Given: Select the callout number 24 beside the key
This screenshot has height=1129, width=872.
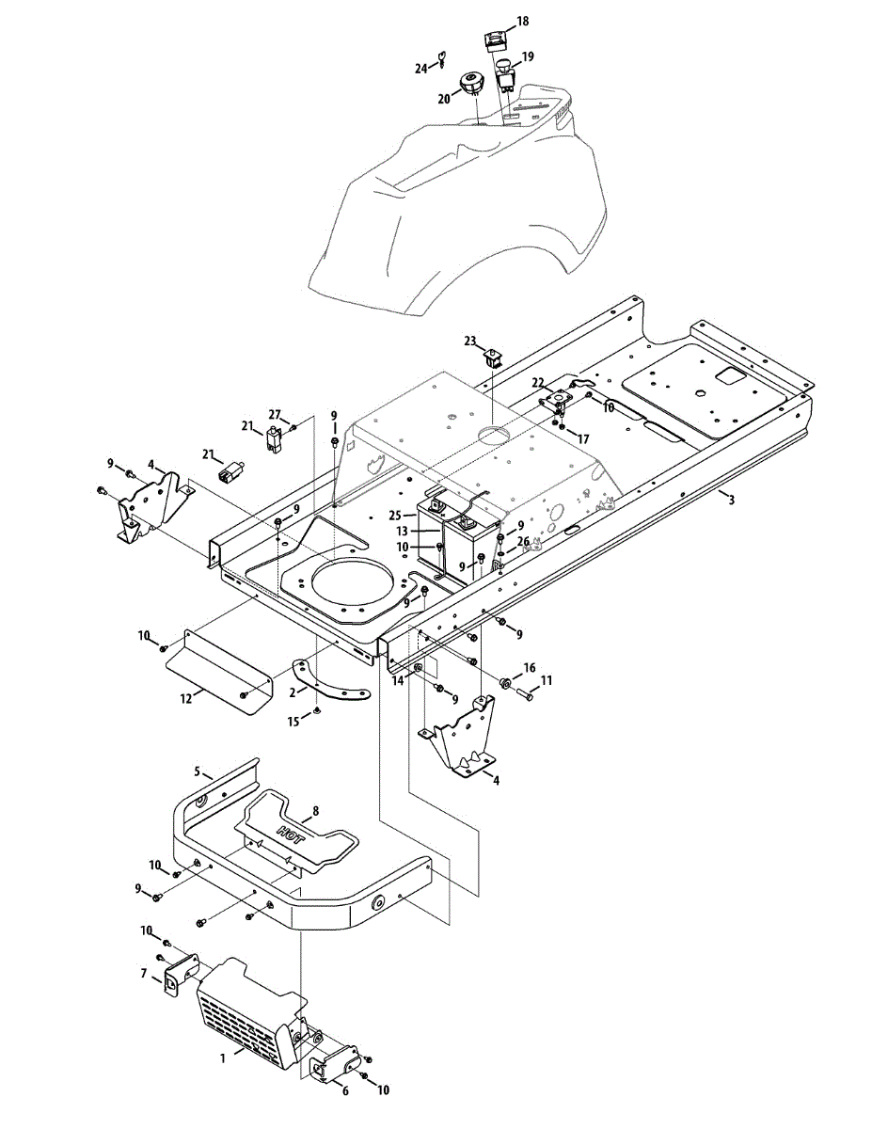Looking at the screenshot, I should (x=421, y=68).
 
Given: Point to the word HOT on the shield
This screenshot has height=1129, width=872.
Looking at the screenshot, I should (x=292, y=832).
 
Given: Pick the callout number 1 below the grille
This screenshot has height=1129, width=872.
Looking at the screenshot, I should (x=222, y=1057).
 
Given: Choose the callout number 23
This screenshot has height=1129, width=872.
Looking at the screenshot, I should (x=470, y=341).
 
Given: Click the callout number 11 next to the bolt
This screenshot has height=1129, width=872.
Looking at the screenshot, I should (x=546, y=679).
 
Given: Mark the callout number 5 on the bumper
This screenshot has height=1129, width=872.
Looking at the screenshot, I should (x=198, y=771).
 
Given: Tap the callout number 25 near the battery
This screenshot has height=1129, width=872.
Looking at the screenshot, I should (x=397, y=517).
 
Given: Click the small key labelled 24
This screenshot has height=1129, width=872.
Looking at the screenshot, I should (x=438, y=64).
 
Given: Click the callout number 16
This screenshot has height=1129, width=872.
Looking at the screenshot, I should (x=530, y=667).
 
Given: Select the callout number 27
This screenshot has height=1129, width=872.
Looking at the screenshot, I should (x=275, y=414).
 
